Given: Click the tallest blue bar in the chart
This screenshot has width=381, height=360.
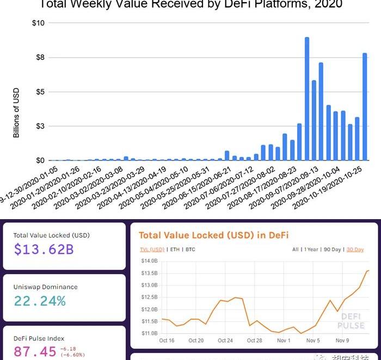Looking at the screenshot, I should coord(307,98).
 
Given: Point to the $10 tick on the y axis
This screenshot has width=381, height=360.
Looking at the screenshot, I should coord(39,23).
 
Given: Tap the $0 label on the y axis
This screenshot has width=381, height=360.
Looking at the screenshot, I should coord(40,160).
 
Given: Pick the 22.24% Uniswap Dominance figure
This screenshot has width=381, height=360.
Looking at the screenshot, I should coord(40,301).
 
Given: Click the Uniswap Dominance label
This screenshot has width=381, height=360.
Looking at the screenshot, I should coord(45,287).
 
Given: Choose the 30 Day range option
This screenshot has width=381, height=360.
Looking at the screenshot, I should coord(355,250).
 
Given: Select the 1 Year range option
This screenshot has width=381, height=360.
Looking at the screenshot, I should coord(311,250).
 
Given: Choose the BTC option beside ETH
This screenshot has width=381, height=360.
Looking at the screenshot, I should coord(190,250).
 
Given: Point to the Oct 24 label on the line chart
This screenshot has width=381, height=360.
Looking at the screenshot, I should coord(225,340).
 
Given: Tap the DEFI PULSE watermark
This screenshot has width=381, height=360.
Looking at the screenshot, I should coord(351,320).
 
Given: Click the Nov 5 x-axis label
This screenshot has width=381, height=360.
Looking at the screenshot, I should coord(313,340).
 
